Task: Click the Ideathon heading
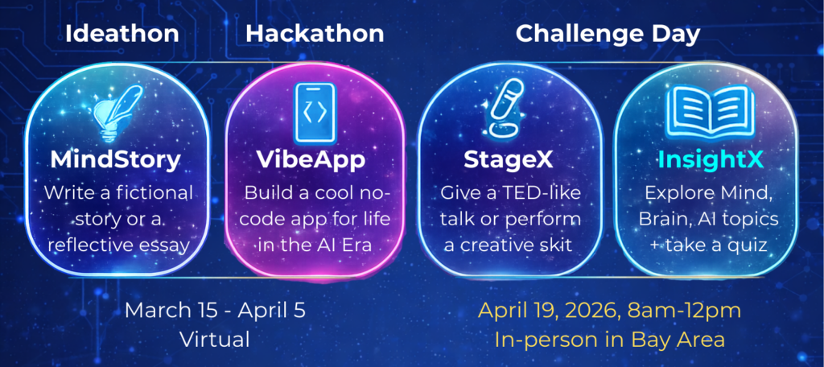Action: pyautogui.click(x=122, y=34)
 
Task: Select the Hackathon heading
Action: pyautogui.click(x=315, y=34)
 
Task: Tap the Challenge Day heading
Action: pyautogui.click(x=608, y=35)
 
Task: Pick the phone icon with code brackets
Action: pyautogui.click(x=315, y=113)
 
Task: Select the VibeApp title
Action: pyautogui.click(x=311, y=161)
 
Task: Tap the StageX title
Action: pyautogui.click(x=509, y=160)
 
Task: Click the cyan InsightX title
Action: pyautogui.click(x=710, y=161)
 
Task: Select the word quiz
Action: pyautogui.click(x=748, y=245)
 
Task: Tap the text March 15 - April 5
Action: pyautogui.click(x=215, y=311)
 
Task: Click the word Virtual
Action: pyautogui.click(x=215, y=340)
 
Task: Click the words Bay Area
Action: pyautogui.click(x=682, y=340)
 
